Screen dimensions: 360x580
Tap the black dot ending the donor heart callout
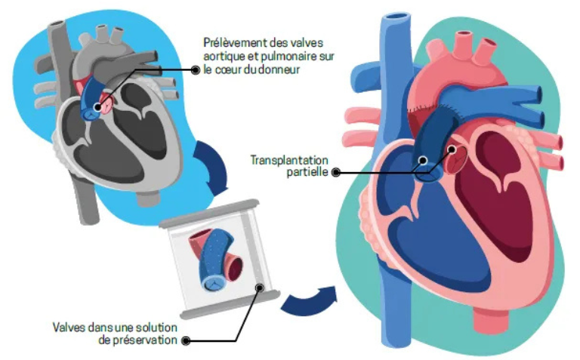pos(196,69)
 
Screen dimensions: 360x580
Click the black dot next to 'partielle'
pos(335,172)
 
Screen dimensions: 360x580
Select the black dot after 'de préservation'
pos(187,340)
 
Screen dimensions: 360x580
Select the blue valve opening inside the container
pos(215,282)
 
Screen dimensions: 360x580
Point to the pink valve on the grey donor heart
pos(107,102)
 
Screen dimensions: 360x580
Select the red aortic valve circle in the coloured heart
pos(452,158)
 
